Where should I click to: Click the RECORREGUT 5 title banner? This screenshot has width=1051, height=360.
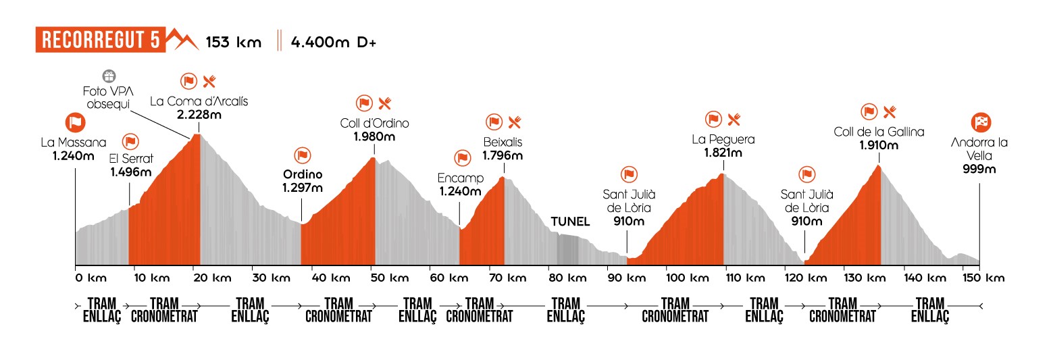point(100,41)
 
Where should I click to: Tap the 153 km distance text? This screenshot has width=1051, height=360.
point(233,42)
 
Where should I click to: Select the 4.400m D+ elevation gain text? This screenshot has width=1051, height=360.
point(333,42)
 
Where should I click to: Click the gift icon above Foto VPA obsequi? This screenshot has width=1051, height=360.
point(108,75)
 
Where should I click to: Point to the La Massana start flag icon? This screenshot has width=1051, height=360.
point(75,122)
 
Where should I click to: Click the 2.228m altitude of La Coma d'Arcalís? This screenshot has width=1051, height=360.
point(199,115)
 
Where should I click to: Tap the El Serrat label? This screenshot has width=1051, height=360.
point(131,159)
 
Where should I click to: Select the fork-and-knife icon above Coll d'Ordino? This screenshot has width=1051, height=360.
point(385,103)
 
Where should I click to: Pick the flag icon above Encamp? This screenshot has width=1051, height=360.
point(463,157)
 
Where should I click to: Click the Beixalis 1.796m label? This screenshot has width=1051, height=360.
point(502,149)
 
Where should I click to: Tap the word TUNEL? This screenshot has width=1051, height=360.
point(570,222)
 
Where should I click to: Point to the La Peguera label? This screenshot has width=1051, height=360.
point(723,140)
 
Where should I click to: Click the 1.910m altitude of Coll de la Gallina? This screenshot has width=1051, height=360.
point(879,145)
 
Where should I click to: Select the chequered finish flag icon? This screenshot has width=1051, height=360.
point(980,122)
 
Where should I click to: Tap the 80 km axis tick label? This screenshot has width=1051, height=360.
point(566,278)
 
